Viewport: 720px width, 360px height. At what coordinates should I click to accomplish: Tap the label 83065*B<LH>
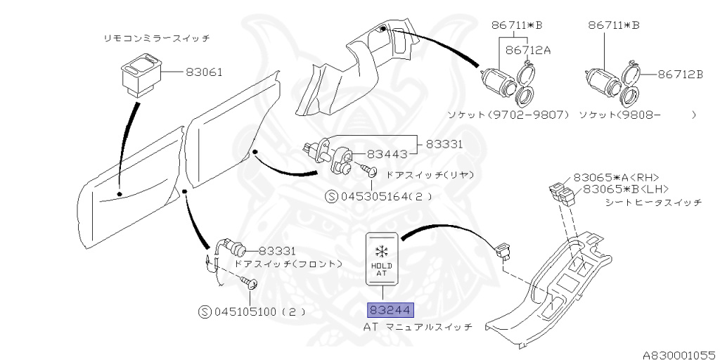[620, 188]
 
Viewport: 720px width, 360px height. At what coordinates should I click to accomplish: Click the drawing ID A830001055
[678, 355]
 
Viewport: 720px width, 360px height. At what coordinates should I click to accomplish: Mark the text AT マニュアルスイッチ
[418, 328]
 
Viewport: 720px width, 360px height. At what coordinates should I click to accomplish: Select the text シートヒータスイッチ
[652, 202]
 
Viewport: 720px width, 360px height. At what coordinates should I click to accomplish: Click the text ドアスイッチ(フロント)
[288, 264]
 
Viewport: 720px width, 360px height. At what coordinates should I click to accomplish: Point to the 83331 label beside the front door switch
[277, 250]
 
